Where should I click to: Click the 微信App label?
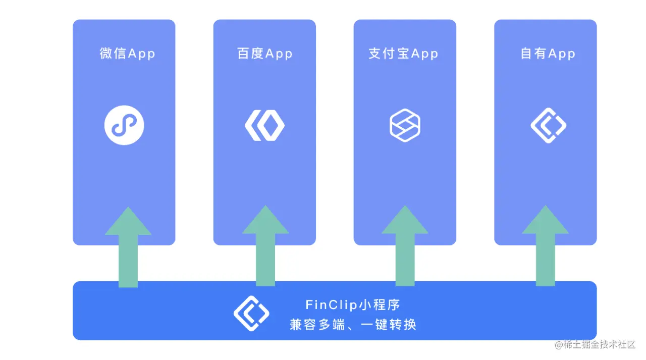coord(127,54)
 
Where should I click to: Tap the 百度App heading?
coord(265,54)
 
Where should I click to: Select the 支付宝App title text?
coord(403,54)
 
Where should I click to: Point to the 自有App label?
coord(548,54)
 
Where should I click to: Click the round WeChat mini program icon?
coord(124,125)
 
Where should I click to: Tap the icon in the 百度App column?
coord(264,125)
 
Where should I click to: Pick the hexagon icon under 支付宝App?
coord(405,125)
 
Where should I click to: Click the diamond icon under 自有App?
coord(548,125)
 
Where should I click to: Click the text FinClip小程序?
coord(352,305)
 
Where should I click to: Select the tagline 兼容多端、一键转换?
coord(353,324)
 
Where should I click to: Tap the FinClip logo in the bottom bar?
coord(251,313)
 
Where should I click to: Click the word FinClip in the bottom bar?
coord(332,305)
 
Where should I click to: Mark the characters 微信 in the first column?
coord(113,54)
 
